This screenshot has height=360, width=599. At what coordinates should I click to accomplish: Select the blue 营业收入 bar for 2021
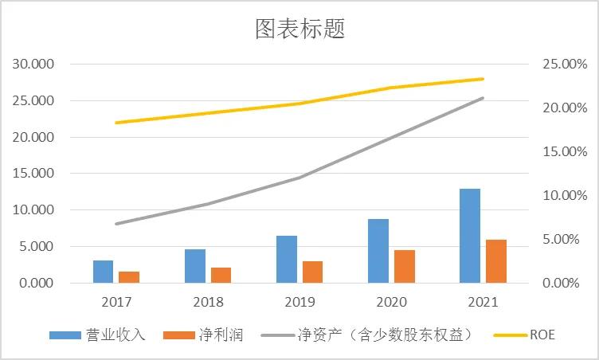470,236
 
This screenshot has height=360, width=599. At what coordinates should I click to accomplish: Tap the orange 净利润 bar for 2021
495,261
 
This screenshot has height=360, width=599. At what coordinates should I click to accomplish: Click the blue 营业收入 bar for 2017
103,272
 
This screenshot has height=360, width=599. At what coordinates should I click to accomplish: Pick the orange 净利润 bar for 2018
221,275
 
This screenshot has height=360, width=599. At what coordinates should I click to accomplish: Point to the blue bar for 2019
287,259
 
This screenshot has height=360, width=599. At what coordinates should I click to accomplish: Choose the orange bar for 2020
404,266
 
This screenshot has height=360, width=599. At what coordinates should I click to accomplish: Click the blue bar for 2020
378,251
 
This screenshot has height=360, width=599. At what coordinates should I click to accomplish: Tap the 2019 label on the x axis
299,302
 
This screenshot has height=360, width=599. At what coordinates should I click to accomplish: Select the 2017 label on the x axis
116,302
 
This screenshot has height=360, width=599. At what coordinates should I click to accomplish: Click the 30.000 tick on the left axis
33,64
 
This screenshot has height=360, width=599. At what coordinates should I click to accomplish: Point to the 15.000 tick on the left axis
33,174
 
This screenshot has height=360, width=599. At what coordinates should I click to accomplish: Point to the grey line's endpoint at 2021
483,98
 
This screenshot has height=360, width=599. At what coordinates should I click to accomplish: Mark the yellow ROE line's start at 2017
116,123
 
